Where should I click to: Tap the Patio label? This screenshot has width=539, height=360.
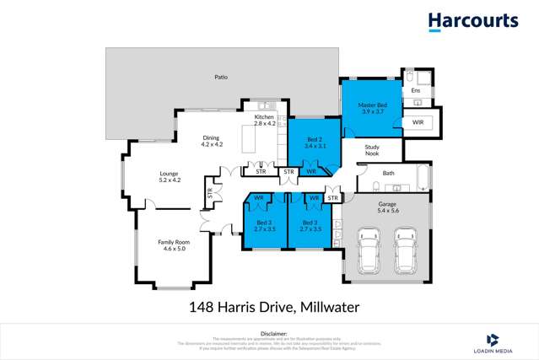pos(221,78)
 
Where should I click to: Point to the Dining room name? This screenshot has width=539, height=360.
pos(211,138)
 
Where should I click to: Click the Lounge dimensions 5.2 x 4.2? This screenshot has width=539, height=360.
pos(170,180)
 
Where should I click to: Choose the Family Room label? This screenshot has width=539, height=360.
pos(173,242)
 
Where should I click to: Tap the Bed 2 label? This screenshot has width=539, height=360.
pos(314,137)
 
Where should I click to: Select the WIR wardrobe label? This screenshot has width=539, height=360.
pos(418,122)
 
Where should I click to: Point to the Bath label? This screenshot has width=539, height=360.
pos(388,173)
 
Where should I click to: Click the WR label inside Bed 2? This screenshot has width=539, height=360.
pos(310,171)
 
